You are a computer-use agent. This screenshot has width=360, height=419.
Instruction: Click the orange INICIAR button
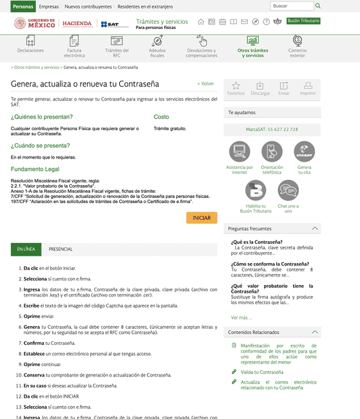click(x=202, y=219)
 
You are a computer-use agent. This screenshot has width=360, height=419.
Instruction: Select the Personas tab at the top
click(x=23, y=6)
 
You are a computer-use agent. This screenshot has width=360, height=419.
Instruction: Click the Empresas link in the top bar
click(x=48, y=6)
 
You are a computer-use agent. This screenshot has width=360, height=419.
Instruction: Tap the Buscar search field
click(x=290, y=6)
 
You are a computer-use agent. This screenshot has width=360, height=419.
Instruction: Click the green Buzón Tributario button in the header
click(x=303, y=21)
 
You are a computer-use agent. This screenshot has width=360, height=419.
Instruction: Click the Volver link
click(x=205, y=84)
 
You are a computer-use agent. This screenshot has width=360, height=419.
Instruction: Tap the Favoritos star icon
click(x=236, y=88)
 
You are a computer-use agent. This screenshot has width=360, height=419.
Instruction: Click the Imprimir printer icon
click(x=308, y=88)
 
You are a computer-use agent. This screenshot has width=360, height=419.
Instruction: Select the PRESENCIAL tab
click(x=61, y=249)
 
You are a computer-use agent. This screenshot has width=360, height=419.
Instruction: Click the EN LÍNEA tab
click(x=26, y=249)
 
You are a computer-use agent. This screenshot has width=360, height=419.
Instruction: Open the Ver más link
click(x=241, y=317)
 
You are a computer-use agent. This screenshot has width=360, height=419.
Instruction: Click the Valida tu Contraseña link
click(x=261, y=372)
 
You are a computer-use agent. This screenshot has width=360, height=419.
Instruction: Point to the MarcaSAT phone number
click(x=272, y=129)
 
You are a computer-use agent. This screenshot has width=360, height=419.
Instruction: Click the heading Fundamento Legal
click(x=36, y=168)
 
